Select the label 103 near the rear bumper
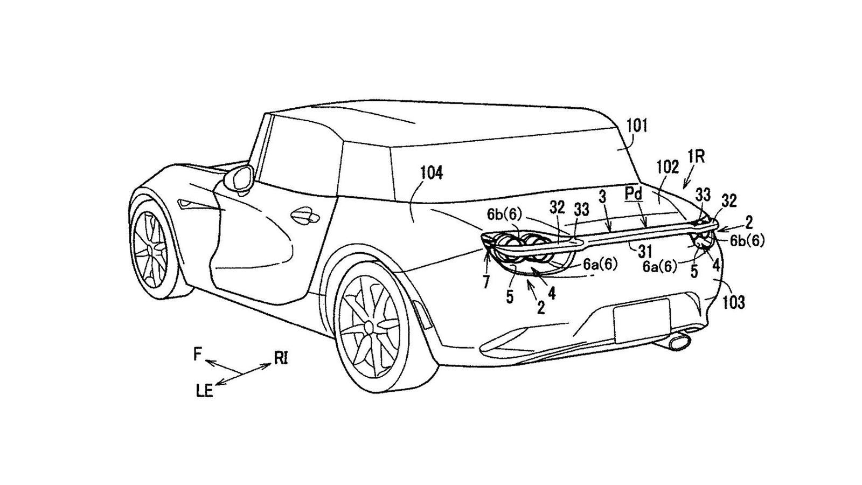pyautogui.click(x=734, y=302)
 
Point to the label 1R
pyautogui.click(x=696, y=157)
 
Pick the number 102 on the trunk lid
pyautogui.click(x=668, y=168)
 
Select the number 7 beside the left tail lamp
pyautogui.click(x=486, y=283)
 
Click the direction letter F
pyautogui.click(x=198, y=354)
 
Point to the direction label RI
pyautogui.click(x=281, y=358)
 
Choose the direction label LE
pyautogui.click(x=204, y=391)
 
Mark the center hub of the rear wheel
pyautogui.click(x=369, y=327)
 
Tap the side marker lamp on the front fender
pyautogui.click(x=189, y=205)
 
